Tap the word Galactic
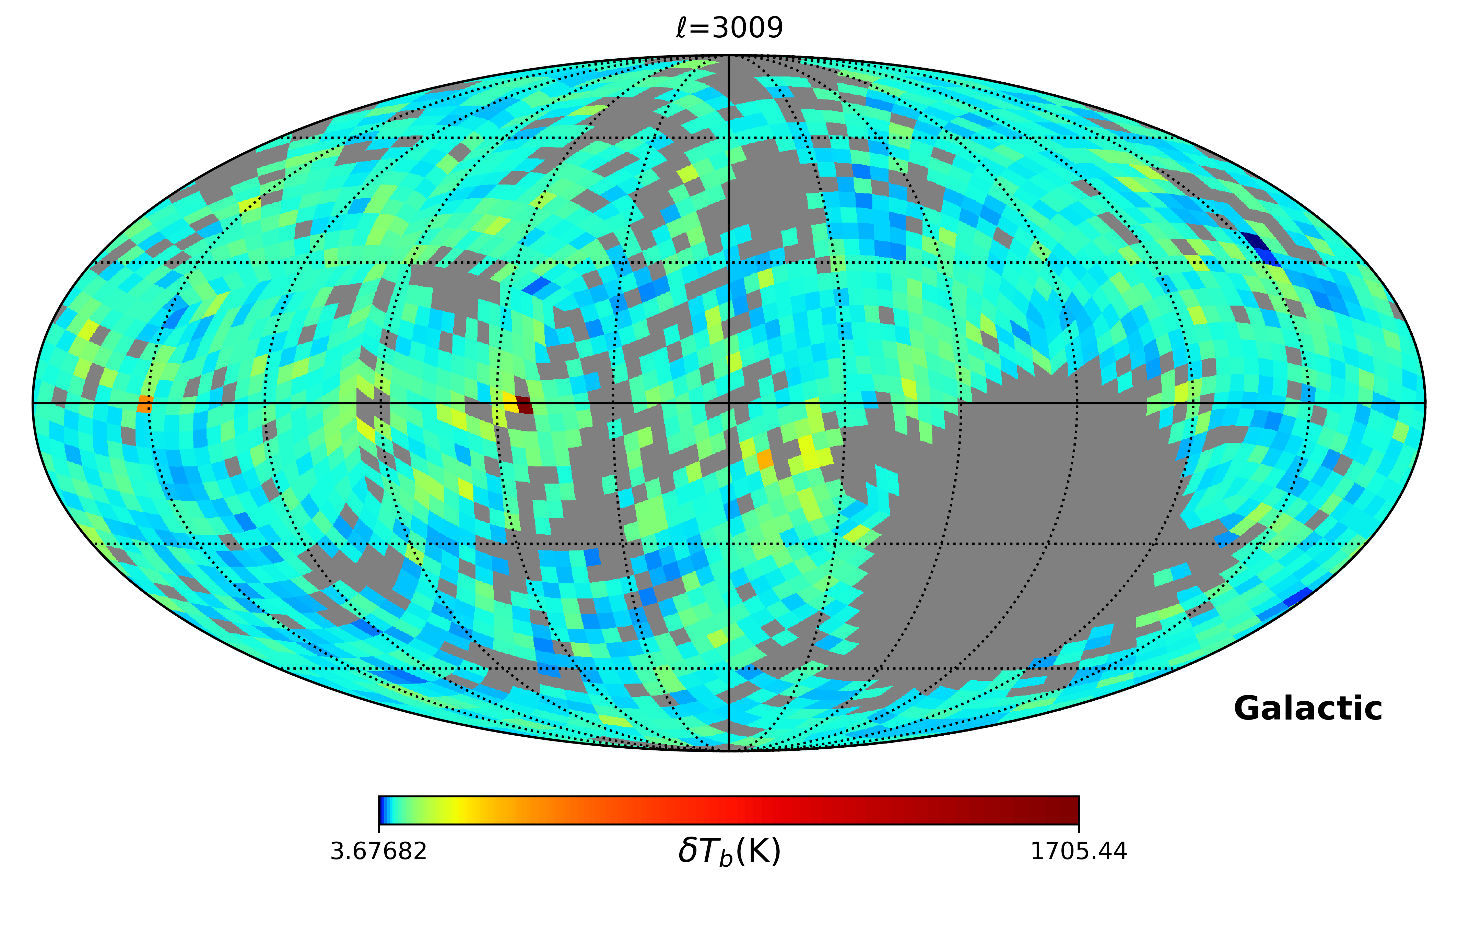click(x=1308, y=709)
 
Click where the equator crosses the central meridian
click(x=729, y=403)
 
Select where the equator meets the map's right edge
click(x=1425, y=403)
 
